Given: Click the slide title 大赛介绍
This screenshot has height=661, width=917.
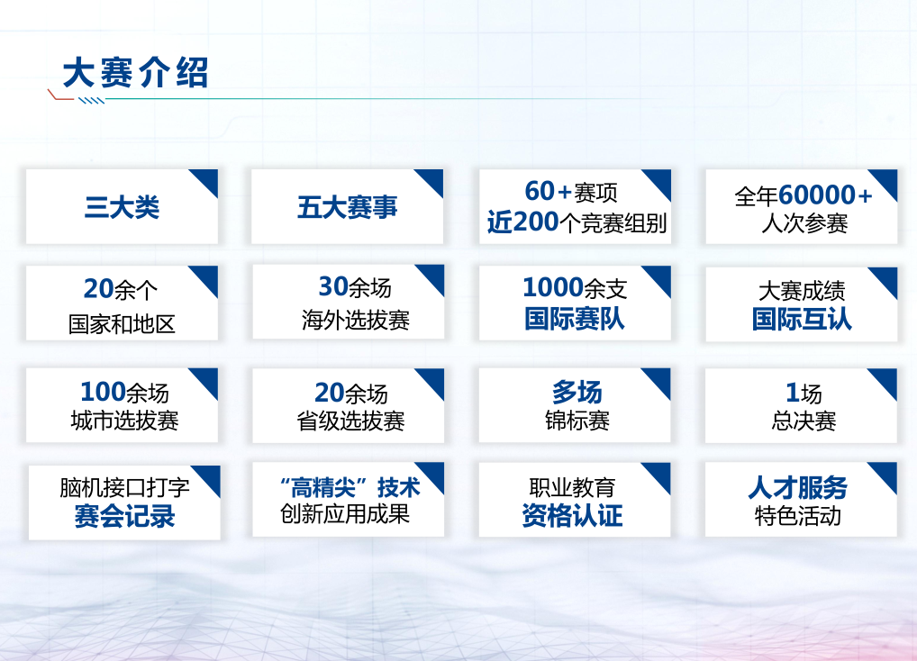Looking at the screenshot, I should click(135, 73).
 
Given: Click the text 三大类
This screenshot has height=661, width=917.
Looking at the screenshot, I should click(122, 208).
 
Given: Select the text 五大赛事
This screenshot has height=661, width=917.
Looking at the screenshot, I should click(347, 208).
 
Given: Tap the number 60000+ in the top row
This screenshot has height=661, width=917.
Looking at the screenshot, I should click(825, 195).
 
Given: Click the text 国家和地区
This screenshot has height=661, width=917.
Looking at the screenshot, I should click(122, 324).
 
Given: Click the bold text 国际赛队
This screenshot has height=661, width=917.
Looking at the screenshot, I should click(574, 319).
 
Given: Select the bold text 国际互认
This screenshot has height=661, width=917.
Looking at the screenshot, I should click(802, 319).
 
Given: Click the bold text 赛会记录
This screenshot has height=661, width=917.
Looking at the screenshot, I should click(124, 517).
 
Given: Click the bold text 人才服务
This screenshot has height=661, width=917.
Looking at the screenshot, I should click(797, 488).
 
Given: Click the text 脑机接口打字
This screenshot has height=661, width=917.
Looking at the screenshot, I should click(124, 488).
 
